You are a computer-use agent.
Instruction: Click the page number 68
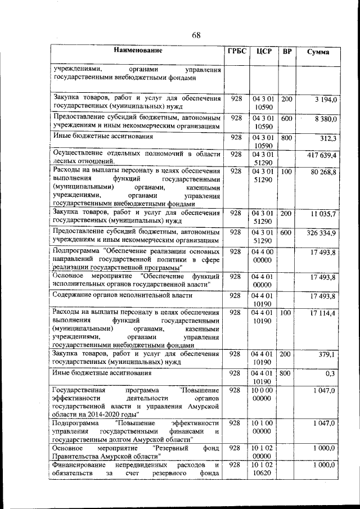(196, 35)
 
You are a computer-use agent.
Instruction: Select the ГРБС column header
(236, 52)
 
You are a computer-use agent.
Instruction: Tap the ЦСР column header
(263, 52)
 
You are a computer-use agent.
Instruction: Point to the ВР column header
(287, 52)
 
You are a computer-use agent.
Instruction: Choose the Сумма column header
(318, 52)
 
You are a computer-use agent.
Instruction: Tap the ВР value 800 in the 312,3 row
(287, 138)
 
